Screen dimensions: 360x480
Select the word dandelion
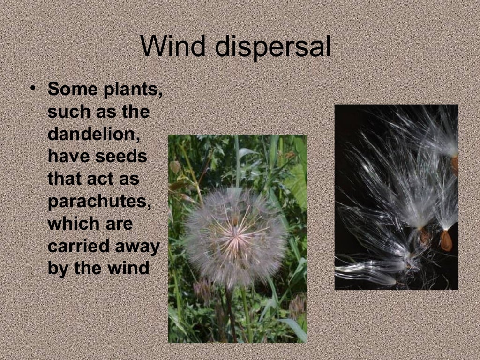pos(94,134)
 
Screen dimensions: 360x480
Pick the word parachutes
pos(100,202)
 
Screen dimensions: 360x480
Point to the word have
pos(69,156)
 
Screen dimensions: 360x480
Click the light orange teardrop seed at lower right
pos(446,240)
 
